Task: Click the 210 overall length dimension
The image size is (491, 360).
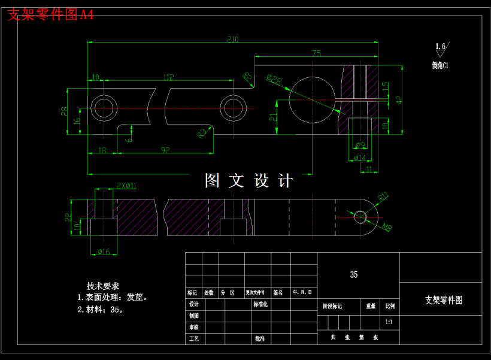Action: click(x=232, y=40)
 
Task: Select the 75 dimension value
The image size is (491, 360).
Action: click(x=316, y=54)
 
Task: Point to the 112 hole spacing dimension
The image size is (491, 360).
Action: click(x=168, y=77)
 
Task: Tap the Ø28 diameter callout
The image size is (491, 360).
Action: click(x=274, y=79)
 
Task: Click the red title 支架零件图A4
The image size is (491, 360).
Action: click(x=50, y=15)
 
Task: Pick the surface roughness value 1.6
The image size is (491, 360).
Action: click(x=440, y=46)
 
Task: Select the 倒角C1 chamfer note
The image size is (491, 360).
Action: click(x=440, y=65)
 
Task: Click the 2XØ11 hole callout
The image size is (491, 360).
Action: click(x=126, y=186)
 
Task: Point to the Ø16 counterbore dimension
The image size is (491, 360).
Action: click(x=104, y=252)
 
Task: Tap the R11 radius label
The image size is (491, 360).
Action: click(x=383, y=195)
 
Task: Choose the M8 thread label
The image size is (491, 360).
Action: click(x=387, y=227)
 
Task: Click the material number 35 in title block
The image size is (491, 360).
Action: click(x=354, y=275)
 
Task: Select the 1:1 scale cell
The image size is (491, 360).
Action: click(x=389, y=322)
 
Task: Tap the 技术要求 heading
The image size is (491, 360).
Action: click(x=103, y=286)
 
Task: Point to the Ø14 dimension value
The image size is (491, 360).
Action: click(x=360, y=158)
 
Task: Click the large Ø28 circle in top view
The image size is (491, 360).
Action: click(x=313, y=99)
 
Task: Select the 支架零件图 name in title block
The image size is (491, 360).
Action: click(x=444, y=300)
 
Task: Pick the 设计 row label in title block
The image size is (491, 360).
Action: click(x=193, y=304)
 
